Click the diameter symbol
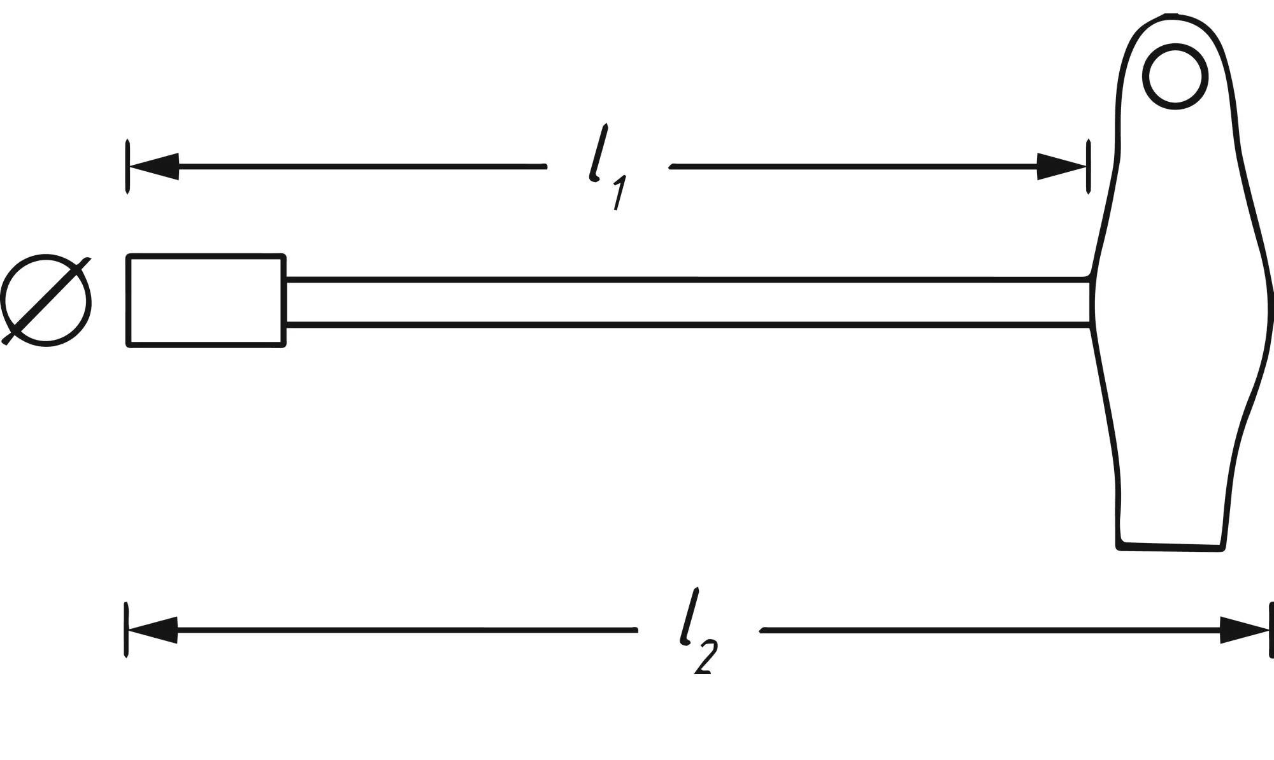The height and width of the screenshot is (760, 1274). coord(46,301)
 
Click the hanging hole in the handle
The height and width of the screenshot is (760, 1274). coord(1175,77)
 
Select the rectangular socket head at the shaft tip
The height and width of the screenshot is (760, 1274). coord(206,300)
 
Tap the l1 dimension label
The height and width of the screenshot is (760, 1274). coord(606,167)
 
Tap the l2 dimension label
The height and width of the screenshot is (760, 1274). coord(698,630)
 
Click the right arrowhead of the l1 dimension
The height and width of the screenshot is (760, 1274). coord(1061,167)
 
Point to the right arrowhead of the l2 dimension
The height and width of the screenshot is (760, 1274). coord(1245,630)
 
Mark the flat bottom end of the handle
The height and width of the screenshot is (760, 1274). coord(1171,546)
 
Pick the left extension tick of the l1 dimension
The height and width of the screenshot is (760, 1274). coord(128,167)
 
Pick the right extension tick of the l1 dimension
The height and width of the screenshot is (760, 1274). coord(1089,167)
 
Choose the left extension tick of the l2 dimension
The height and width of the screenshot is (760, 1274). coord(127,630)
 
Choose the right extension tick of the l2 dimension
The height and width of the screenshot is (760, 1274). coord(1271,630)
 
